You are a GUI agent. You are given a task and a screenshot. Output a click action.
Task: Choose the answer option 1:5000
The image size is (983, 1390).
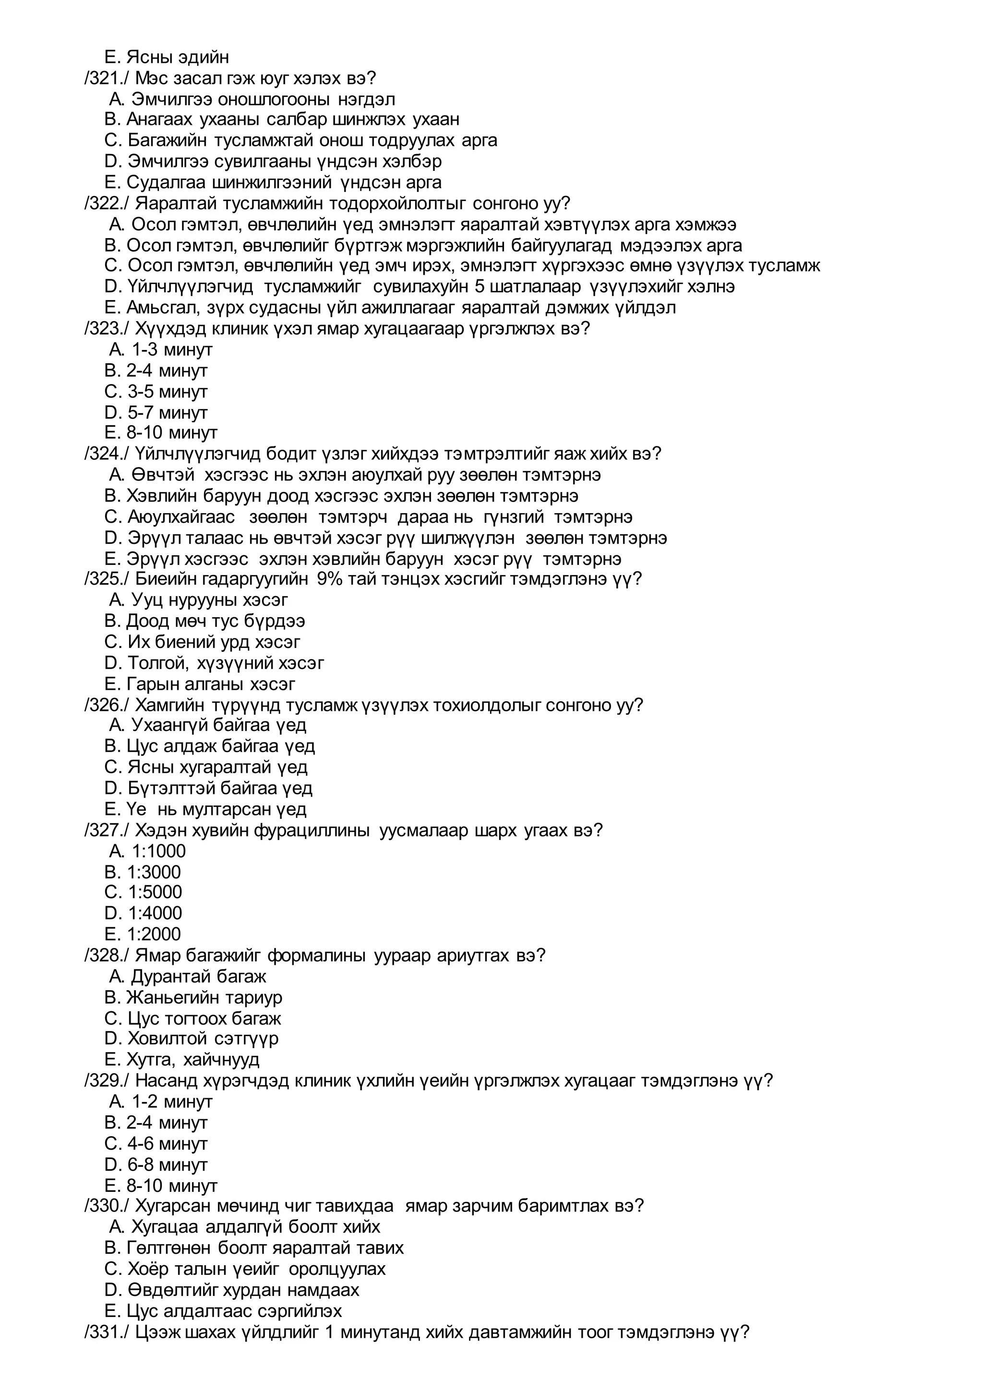(x=155, y=892)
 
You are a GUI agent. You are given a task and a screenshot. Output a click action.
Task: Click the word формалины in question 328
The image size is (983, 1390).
(x=317, y=955)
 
